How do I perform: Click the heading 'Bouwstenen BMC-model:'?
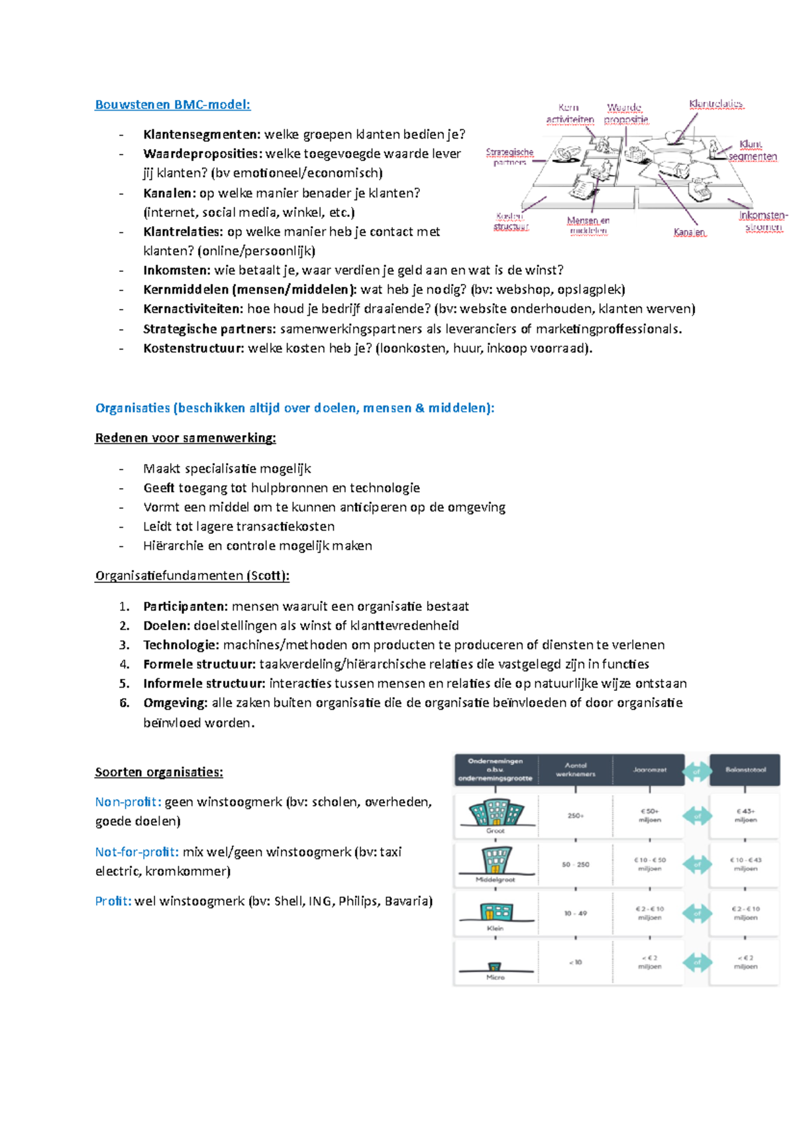[172, 105]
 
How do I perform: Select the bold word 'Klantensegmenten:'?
[201, 135]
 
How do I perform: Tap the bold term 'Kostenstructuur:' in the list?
[193, 348]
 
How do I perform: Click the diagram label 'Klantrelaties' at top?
[715, 104]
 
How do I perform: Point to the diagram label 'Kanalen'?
[689, 232]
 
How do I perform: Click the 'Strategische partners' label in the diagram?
[509, 157]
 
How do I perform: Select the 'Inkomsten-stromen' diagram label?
[763, 221]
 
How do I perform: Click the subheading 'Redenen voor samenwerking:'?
[185, 438]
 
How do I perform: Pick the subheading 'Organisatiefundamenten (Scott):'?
[192, 576]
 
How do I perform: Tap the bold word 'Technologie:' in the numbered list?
[181, 645]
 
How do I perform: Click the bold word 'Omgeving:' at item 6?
[175, 703]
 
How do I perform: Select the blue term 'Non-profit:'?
[128, 802]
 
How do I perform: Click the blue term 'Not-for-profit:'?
[136, 852]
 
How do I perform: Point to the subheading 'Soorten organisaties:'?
[159, 772]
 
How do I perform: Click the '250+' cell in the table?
[575, 816]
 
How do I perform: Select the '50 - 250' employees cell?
[575, 865]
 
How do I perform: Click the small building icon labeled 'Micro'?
[495, 967]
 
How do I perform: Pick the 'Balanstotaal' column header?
[745, 770]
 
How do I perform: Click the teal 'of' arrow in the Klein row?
[697, 914]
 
